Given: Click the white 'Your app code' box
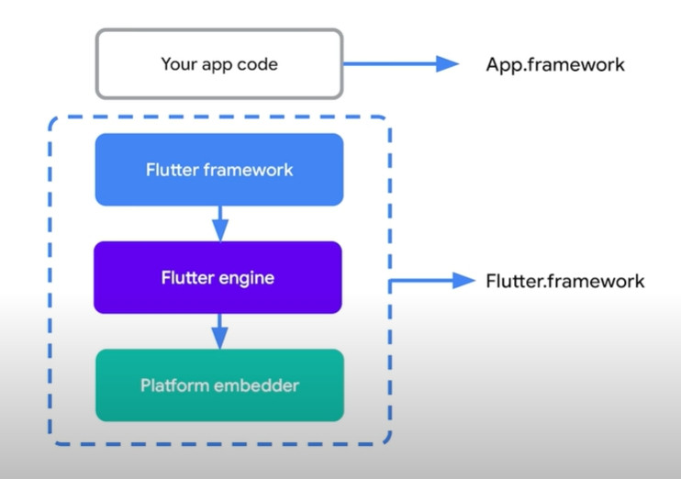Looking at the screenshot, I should [218, 63].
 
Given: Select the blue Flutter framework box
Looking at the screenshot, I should [218, 170].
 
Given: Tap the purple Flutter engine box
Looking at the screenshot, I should [218, 277].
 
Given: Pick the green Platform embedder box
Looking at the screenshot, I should [218, 384].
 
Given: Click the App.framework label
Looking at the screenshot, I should [555, 64].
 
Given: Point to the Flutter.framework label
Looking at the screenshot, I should [564, 281].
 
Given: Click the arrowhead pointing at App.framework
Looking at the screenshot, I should [447, 63].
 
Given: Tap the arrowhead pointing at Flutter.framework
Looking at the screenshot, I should [463, 281].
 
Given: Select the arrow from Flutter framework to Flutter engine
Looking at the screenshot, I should [218, 223].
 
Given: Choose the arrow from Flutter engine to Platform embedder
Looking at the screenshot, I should [218, 330].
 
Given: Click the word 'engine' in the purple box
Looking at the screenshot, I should [249, 277].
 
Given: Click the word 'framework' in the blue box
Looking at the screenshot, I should [250, 170].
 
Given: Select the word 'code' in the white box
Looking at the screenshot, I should [258, 64].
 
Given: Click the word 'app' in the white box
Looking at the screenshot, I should [218, 65].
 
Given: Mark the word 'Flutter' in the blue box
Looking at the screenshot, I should [173, 170].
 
